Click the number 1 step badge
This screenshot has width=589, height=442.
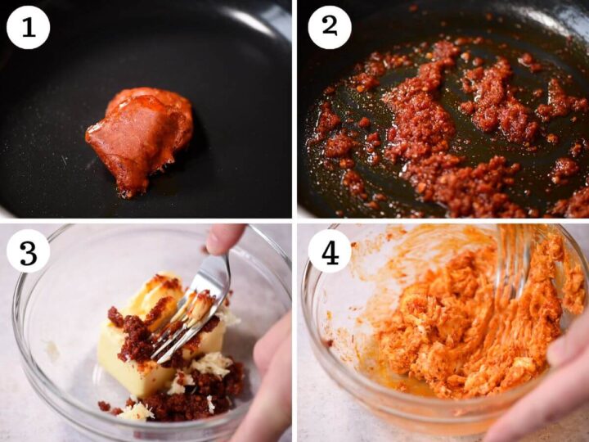[x=28, y=28]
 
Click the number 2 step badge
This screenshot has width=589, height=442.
[x=330, y=28]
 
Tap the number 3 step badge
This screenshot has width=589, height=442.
[x=28, y=250]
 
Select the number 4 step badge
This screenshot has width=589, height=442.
[x=330, y=250]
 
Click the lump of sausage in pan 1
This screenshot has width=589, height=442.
[x=141, y=139]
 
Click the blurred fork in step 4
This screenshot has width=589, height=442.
[x=514, y=259]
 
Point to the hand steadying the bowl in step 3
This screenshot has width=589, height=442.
[x=271, y=372]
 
